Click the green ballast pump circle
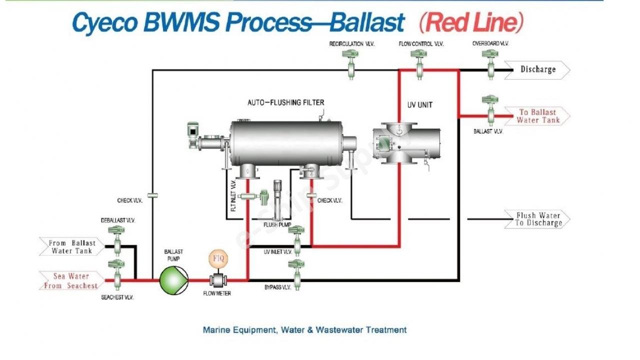173,280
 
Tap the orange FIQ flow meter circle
218,258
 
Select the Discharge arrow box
537,70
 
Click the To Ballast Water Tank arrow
537,116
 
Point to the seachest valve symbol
116,274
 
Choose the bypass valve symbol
296,274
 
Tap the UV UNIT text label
419,105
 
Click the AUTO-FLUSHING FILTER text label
285,102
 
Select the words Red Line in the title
471,22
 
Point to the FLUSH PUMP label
277,225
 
